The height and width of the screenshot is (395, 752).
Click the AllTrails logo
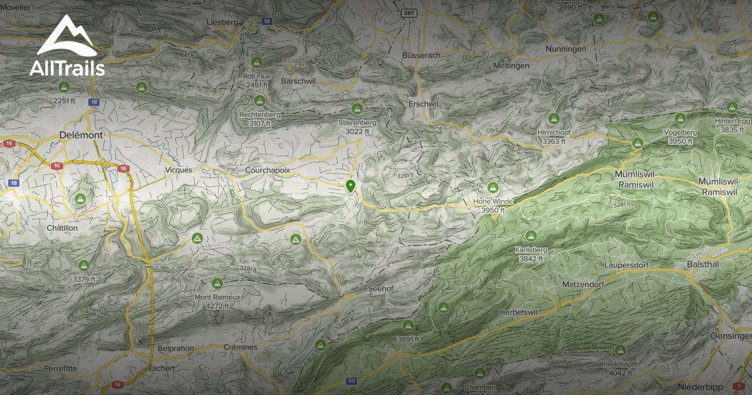[x=67, y=46]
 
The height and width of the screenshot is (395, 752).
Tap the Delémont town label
[x=79, y=135]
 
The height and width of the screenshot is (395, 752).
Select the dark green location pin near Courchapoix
[x=350, y=186]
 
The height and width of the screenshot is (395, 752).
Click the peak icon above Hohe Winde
[x=493, y=187]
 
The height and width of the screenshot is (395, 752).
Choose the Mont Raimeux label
[x=217, y=297]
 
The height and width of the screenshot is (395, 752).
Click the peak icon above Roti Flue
[x=256, y=63]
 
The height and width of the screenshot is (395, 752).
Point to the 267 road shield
[x=410, y=13]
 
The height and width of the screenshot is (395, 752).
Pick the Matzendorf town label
[x=582, y=285]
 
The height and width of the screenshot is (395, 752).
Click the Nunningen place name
[x=565, y=49]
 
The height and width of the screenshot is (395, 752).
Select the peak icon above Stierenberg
[x=357, y=108]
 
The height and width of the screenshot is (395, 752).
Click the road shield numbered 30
[x=352, y=381]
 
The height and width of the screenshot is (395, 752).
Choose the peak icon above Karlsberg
[x=531, y=236]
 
